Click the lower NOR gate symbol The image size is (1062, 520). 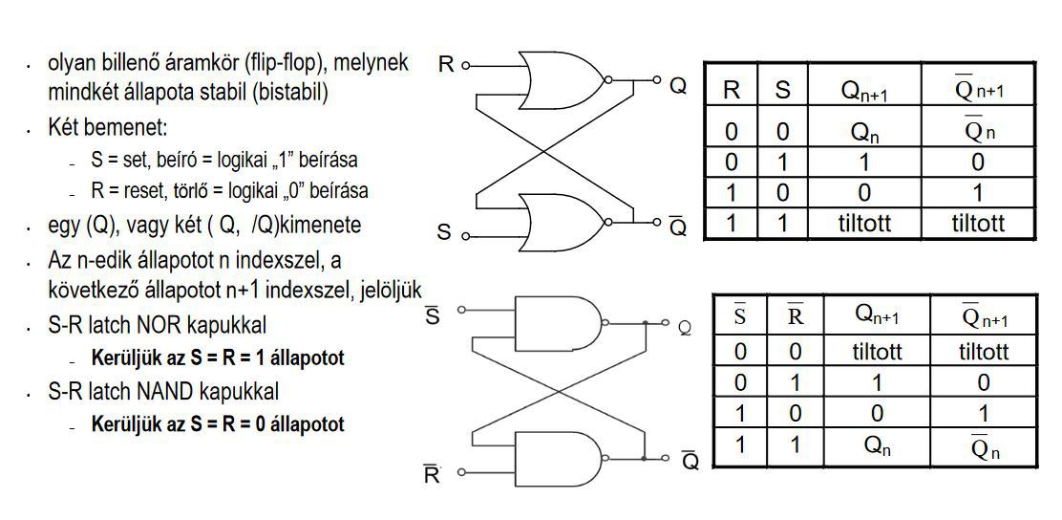(x=562, y=221)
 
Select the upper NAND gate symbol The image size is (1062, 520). (x=555, y=323)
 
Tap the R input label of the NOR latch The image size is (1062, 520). (x=446, y=65)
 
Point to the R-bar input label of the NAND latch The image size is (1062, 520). (x=432, y=473)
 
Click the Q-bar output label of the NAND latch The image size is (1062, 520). (x=690, y=461)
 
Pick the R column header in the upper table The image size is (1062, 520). (x=732, y=91)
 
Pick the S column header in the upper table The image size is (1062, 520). (x=783, y=91)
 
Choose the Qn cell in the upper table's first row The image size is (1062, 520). (x=865, y=133)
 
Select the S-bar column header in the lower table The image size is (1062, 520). (x=739, y=316)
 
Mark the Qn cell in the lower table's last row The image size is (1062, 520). (x=876, y=445)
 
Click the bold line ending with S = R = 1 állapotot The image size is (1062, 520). (x=218, y=358)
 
